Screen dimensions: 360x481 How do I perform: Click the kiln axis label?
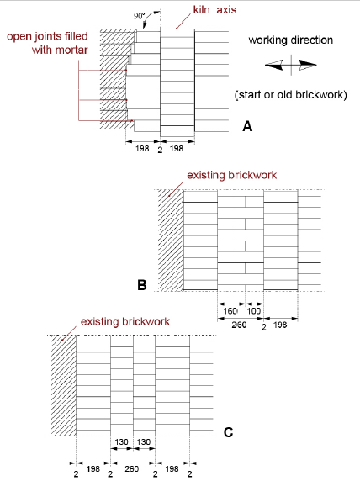point(214,10)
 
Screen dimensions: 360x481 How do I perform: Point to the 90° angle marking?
point(139,16)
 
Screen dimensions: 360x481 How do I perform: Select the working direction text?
point(291,40)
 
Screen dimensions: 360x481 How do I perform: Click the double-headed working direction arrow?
point(291,65)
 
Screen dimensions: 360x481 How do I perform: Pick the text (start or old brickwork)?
point(291,95)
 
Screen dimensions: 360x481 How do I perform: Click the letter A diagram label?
point(247,126)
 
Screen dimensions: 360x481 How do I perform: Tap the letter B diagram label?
point(142,285)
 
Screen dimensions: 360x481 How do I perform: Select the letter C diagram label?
point(228,432)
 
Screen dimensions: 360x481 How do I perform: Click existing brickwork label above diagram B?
point(231,175)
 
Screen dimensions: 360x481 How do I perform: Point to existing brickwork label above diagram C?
point(125,322)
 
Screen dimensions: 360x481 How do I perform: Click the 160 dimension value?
point(230,311)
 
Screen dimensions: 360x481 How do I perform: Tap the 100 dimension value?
point(254,311)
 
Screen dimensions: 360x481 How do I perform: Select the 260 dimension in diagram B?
point(239,325)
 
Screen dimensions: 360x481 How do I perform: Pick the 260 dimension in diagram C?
point(132,469)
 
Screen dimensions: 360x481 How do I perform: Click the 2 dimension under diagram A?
point(160,150)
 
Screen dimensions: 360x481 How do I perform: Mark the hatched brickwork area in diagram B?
point(171,240)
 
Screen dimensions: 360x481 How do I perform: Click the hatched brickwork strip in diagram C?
point(64,386)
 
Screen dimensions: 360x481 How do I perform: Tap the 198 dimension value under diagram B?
point(280,325)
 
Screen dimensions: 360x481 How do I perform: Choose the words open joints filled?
point(47,36)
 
